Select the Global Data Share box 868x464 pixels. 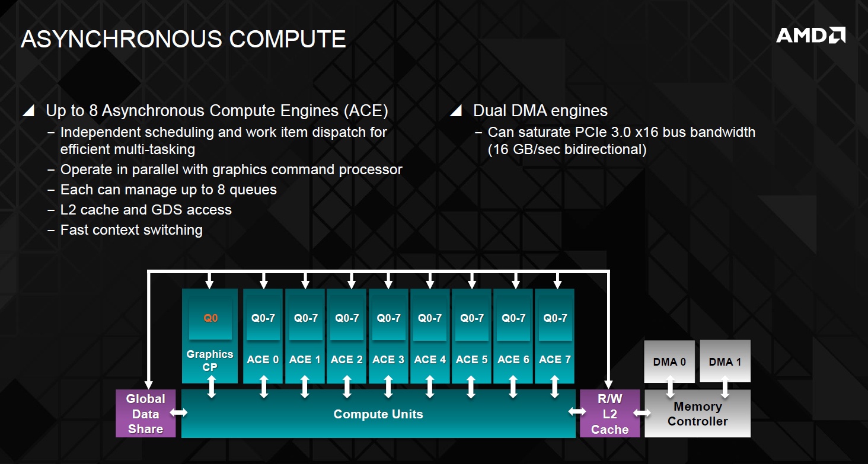pyautogui.click(x=145, y=414)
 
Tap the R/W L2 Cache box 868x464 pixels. pyautogui.click(x=609, y=414)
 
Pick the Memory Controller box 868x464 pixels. pyautogui.click(x=697, y=414)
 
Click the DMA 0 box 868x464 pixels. pyautogui.click(x=669, y=361)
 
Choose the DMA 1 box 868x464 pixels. pyautogui.click(x=725, y=361)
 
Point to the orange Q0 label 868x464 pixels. pyautogui.click(x=210, y=318)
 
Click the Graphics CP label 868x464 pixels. pyautogui.click(x=210, y=360)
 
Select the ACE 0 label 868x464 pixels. pyautogui.click(x=263, y=360)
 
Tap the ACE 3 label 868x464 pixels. pyautogui.click(x=388, y=360)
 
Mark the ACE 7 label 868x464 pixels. pyautogui.click(x=555, y=360)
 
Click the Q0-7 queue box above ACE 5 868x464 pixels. pyautogui.click(x=472, y=318)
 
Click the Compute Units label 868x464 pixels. pyautogui.click(x=378, y=414)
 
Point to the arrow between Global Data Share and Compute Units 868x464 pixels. pyautogui.click(x=178, y=412)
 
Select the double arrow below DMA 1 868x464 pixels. pyautogui.click(x=725, y=388)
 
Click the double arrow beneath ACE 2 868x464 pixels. pyautogui.click(x=347, y=387)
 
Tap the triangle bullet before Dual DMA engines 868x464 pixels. pyautogui.click(x=455, y=111)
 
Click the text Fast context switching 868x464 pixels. pyautogui.click(x=132, y=230)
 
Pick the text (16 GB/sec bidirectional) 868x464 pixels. pyautogui.click(x=567, y=149)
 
